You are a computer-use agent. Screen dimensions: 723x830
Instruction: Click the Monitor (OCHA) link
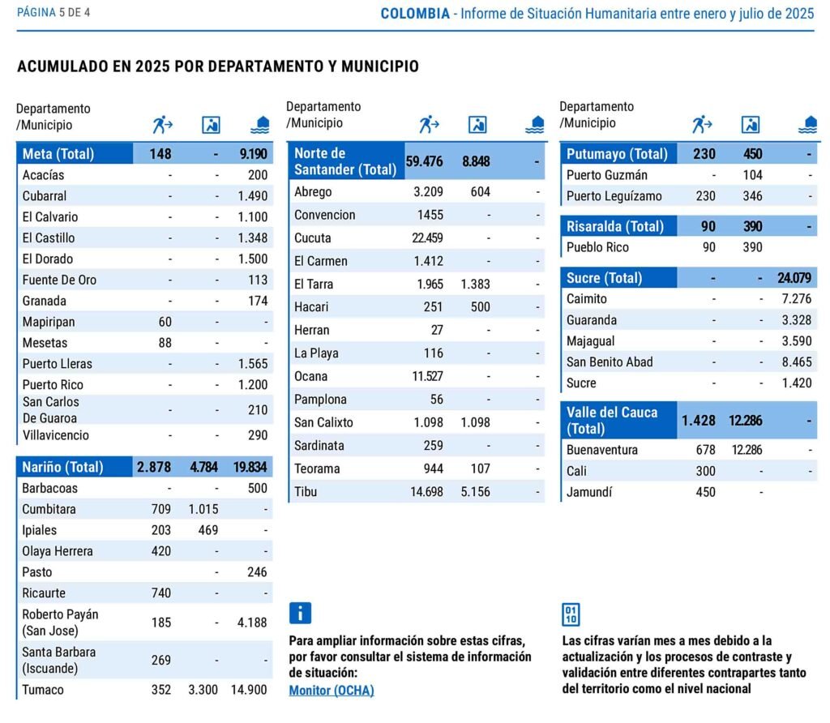pos(332,691)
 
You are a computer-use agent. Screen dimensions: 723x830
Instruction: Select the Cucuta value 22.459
pos(423,238)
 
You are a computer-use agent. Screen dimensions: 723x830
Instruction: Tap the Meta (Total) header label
pos(58,154)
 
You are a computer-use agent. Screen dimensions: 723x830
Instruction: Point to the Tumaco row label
pos(43,690)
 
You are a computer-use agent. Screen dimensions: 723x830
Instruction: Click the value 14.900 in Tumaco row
pos(249,690)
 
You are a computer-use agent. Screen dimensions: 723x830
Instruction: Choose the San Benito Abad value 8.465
pos(792,362)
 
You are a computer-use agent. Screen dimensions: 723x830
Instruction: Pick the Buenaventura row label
pos(602,450)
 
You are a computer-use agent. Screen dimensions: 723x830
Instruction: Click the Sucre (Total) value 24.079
pos(794,278)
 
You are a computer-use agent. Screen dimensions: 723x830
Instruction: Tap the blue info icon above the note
pos(300,613)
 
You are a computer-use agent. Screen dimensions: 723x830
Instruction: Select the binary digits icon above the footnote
pos(571,614)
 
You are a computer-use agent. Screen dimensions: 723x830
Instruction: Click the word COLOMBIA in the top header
pos(415,14)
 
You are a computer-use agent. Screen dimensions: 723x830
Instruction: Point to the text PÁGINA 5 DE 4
pos(53,13)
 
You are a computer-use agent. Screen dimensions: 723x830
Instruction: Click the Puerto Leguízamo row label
pos(614,196)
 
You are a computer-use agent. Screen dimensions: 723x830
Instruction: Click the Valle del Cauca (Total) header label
pos(612,420)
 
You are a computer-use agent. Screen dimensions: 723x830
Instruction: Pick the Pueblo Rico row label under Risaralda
pos(597,247)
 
